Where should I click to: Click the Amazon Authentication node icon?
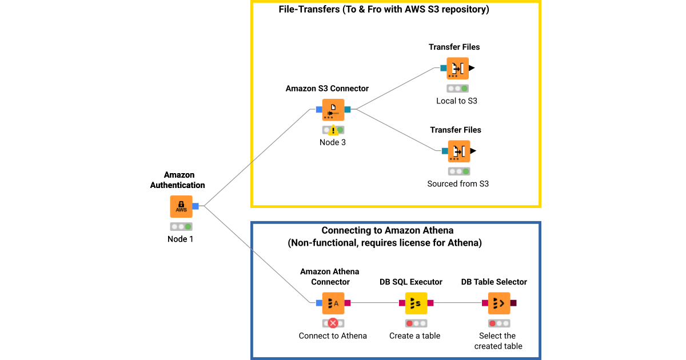[181, 206]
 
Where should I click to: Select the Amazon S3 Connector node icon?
[333, 110]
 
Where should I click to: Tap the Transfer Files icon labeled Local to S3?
[457, 69]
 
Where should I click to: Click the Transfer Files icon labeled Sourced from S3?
[458, 151]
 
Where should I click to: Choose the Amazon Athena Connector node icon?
[333, 303]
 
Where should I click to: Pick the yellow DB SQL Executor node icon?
[416, 303]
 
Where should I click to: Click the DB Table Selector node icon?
[499, 303]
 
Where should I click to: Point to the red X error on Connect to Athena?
[333, 323]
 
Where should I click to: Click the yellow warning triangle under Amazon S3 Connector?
[333, 130]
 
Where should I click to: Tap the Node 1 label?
[181, 239]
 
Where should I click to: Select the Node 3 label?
[333, 142]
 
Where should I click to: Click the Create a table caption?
[415, 336]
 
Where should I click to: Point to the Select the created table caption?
[498, 341]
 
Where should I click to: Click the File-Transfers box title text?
[384, 10]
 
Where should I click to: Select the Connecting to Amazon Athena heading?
[388, 230]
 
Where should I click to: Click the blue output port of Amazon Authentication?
[196, 206]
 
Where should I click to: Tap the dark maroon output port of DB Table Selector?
[513, 303]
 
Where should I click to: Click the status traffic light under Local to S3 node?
[457, 89]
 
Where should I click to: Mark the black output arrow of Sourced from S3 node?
[473, 151]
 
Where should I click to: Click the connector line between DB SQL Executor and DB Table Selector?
[457, 303]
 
